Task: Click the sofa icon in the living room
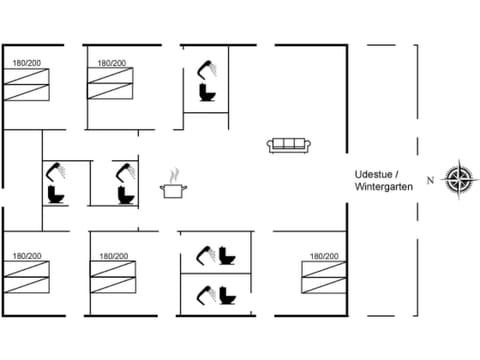[287, 145]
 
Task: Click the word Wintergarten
[383, 187]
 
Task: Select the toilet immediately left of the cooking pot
[125, 192]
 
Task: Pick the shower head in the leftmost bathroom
[58, 168]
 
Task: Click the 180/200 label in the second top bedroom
[112, 63]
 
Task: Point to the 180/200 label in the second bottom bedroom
[113, 257]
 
